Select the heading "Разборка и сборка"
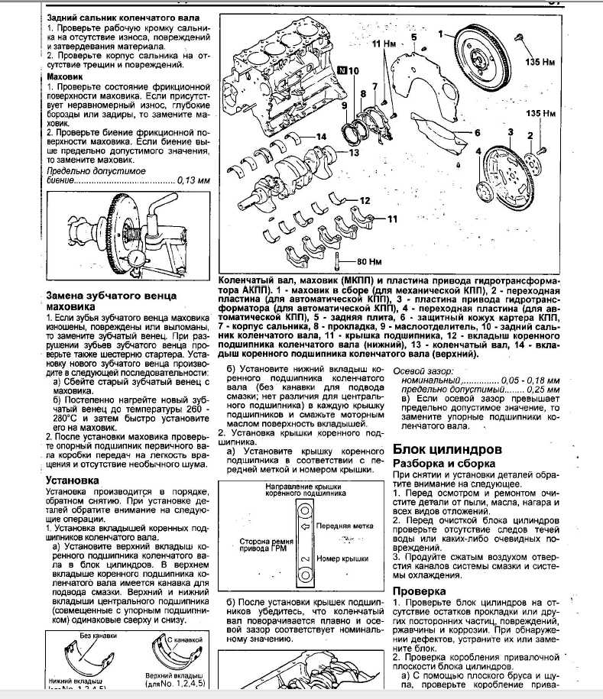443,464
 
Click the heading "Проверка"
419,592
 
